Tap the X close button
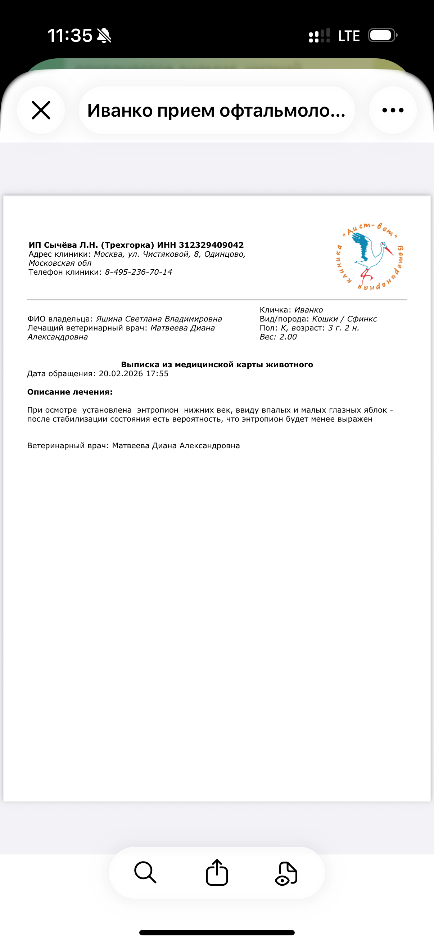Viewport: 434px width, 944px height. (41, 110)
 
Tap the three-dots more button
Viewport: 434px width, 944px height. (393, 110)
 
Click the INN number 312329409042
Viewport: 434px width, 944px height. (211, 245)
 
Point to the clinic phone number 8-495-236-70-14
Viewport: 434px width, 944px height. (139, 272)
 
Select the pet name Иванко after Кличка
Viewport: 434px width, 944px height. (308, 310)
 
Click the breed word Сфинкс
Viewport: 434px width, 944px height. (362, 319)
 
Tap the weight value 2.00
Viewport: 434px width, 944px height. (288, 337)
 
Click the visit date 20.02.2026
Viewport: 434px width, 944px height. (121, 373)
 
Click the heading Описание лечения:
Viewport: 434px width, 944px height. (70, 392)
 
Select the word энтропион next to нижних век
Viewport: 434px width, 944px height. (158, 410)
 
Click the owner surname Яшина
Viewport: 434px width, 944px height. (109, 319)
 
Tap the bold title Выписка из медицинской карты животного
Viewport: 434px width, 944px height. (217, 364)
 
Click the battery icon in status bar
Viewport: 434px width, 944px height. (381, 36)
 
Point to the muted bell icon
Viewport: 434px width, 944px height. (104, 36)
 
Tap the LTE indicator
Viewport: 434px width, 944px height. (349, 36)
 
